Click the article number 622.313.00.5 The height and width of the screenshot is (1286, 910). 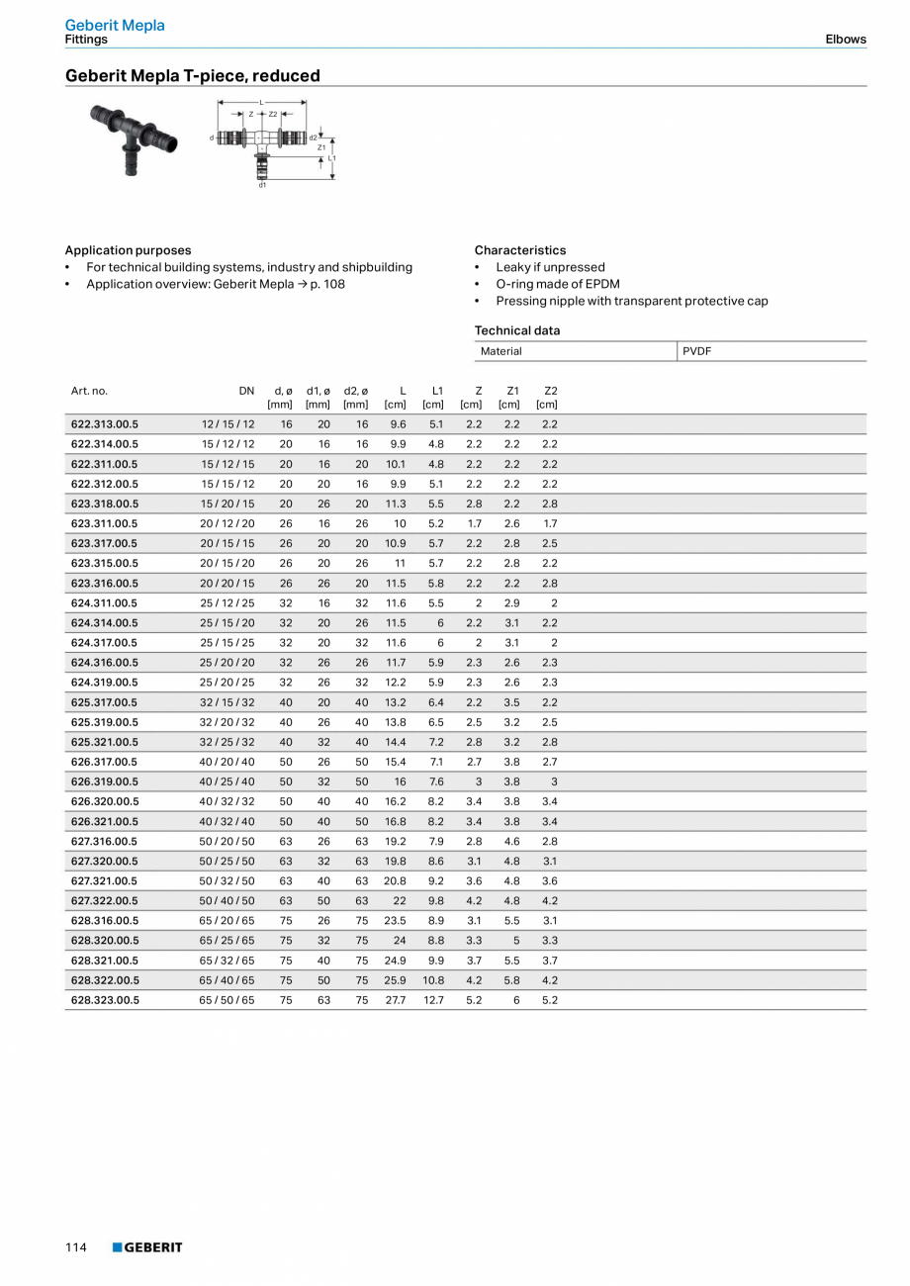point(104,423)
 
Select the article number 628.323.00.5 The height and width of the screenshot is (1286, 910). point(104,1000)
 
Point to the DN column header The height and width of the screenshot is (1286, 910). point(246,391)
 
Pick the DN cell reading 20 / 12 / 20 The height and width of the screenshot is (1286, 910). point(227,523)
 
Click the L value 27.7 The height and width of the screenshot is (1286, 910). point(395,1000)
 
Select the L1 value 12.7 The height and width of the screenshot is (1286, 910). point(433,1000)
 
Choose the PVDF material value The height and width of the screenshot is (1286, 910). point(697,351)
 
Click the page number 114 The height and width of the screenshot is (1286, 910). point(76,1247)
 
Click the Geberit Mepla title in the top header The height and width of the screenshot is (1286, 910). point(115,25)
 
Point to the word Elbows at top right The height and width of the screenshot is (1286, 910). point(846,40)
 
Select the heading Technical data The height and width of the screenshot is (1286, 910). point(516,330)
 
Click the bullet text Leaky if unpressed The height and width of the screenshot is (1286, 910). point(550,267)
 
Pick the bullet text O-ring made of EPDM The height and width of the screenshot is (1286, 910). point(557,284)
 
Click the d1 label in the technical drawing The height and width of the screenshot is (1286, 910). point(262,185)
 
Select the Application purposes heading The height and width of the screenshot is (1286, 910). point(128,250)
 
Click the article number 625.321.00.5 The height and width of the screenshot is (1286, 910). point(104,742)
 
